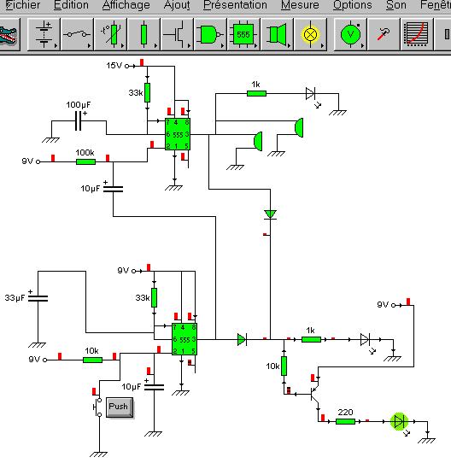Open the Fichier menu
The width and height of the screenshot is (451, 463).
(x=22, y=5)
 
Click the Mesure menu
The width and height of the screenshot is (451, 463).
(x=300, y=5)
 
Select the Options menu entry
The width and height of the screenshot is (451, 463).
(x=352, y=5)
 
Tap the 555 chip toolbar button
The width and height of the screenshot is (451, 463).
(x=243, y=35)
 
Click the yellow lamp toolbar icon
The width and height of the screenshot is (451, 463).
(x=310, y=35)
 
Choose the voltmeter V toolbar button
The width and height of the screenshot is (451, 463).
(x=349, y=35)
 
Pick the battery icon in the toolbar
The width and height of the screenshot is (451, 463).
(x=44, y=35)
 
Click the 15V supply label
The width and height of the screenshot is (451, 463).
(x=114, y=65)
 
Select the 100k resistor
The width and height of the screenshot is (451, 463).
(x=85, y=160)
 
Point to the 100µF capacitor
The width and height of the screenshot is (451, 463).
(x=78, y=120)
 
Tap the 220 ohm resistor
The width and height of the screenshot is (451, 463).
(x=344, y=420)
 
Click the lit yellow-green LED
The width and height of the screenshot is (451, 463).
(x=398, y=420)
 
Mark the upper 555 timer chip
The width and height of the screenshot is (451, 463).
(x=177, y=133)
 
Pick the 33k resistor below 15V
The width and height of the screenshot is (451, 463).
(x=147, y=91)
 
